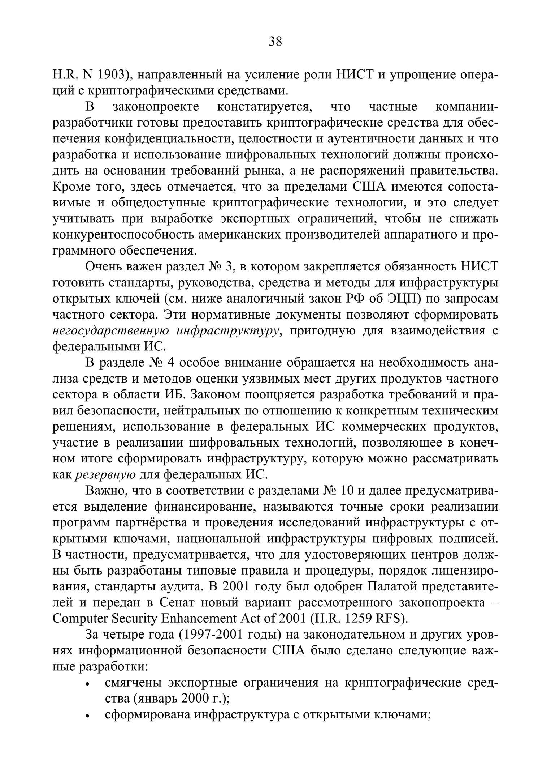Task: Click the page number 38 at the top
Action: [x=275, y=42]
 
